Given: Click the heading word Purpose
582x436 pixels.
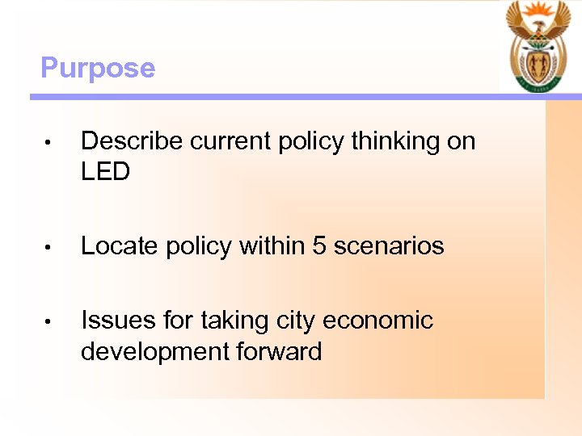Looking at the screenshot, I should [97, 68].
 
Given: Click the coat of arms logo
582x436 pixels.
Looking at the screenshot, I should [538, 47].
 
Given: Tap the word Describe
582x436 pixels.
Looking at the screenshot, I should [133, 141].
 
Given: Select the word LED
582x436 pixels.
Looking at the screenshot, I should [106, 172].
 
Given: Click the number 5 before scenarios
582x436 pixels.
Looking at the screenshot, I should [319, 246].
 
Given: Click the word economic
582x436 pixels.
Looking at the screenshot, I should [378, 321].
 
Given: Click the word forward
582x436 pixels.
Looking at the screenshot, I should [279, 351].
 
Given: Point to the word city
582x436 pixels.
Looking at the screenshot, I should [296, 321].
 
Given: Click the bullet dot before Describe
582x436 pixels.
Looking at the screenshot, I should [48, 144].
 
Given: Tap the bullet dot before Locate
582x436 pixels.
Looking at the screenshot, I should [48, 248].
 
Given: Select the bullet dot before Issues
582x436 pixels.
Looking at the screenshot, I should [48, 322].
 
